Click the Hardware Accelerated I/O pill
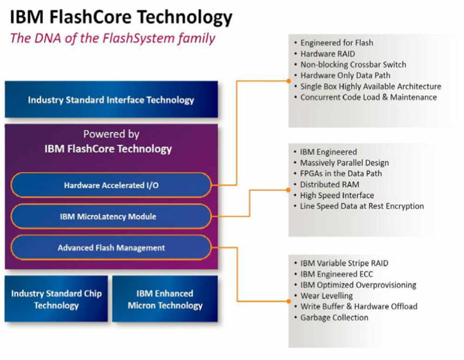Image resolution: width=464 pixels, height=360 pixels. pos(111,185)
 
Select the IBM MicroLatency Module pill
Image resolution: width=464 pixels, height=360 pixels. pos(111,216)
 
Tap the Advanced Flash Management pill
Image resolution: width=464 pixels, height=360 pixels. pos(111,248)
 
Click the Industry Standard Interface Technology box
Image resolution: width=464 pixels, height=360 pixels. pos(111,99)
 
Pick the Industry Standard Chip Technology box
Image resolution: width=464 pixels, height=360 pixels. pos(56,299)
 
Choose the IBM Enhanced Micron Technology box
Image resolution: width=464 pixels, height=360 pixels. pos(165,299)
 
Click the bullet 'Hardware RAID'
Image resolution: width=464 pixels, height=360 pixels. pos(328,54)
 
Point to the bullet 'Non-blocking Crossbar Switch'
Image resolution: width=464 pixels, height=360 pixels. pos(353,64)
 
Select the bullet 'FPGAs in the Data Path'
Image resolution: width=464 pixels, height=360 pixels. pos(341,174)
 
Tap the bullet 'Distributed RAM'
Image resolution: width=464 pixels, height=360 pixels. pos(329,184)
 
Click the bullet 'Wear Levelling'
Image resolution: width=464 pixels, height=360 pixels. pos(327,296)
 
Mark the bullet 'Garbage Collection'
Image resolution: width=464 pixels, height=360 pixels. pos(335,317)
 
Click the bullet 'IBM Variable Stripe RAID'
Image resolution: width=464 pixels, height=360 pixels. pos(344,263)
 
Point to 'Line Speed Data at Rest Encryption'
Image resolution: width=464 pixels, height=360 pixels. pos(362,206)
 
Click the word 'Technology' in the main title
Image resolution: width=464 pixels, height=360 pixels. pos(185,17)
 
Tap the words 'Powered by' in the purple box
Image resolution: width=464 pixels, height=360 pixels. pos(111,134)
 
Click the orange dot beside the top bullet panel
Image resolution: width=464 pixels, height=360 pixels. pos(289,81)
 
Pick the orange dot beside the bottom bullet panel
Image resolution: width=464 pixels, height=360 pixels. pos(289,301)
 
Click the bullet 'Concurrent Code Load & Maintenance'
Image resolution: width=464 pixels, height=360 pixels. pos(368,97)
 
